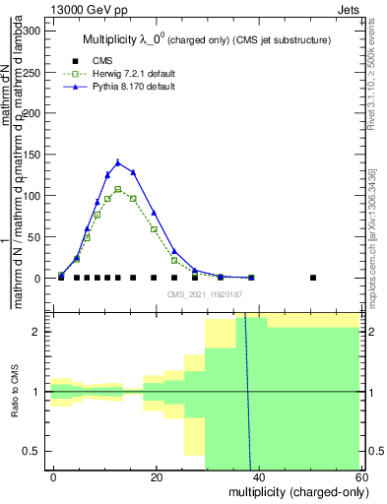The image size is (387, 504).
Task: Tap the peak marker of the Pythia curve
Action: click(x=118, y=163)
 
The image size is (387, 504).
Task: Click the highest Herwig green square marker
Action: click(x=118, y=189)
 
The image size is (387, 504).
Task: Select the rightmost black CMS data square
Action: click(x=313, y=278)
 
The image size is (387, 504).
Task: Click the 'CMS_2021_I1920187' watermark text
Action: click(x=205, y=293)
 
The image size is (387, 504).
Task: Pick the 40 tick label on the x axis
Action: click(x=259, y=476)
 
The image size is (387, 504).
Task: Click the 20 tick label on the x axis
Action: click(x=156, y=476)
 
